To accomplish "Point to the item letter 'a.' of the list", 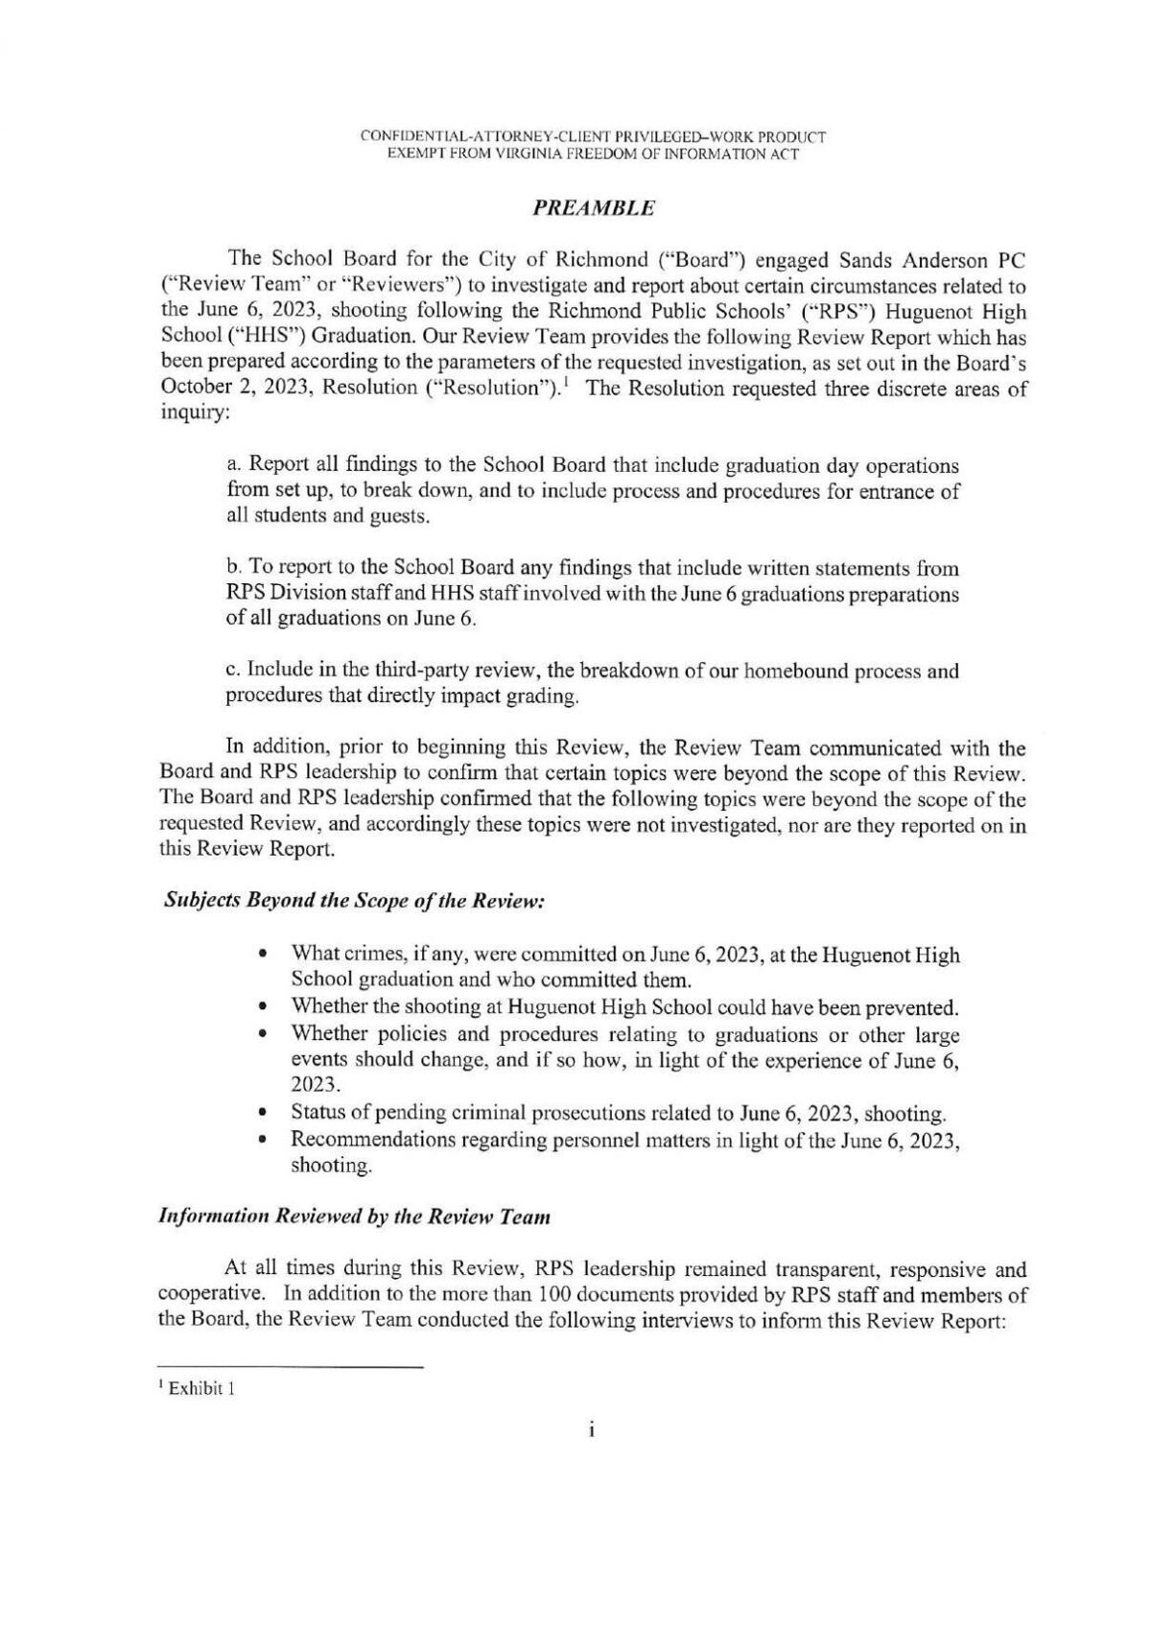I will click(235, 466).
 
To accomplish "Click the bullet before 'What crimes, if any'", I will click(263, 956).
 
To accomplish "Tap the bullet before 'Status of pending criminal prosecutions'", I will click(263, 1115).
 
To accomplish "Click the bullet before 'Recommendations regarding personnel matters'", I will click(263, 1141).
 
